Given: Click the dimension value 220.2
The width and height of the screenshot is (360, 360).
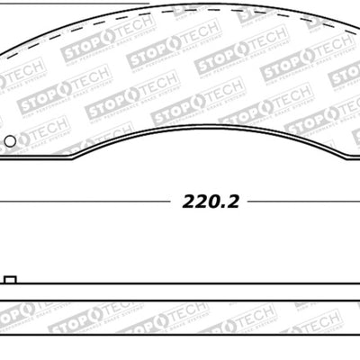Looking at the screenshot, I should [211, 202].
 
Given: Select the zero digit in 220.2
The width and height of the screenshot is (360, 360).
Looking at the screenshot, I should [214, 202].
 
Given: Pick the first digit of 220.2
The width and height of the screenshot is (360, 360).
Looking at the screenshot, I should [189, 202].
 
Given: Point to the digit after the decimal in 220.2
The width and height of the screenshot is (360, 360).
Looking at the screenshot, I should [232, 202].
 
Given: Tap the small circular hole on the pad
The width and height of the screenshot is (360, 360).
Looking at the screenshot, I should [10, 141].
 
